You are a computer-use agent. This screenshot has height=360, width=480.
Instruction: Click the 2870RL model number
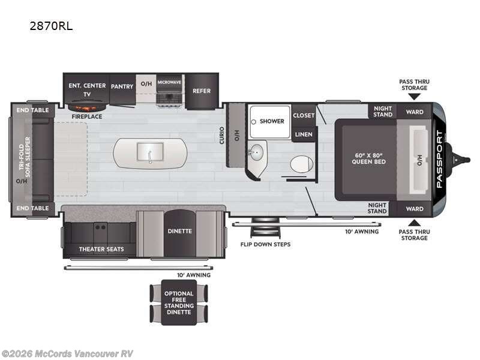(x=51, y=26)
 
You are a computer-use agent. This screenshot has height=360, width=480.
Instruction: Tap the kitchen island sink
(x=150, y=152)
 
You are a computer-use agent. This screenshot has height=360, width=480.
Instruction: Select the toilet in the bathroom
(x=302, y=164)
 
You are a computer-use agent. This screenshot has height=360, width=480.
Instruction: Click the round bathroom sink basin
(x=256, y=152)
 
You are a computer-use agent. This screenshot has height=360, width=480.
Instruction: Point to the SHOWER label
(x=272, y=121)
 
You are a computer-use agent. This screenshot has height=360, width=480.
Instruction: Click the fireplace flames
(x=87, y=107)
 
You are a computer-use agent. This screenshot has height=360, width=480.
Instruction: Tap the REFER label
(x=202, y=91)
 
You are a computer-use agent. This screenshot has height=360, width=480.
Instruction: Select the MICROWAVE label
(x=169, y=82)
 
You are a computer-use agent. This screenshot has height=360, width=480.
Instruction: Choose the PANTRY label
(x=122, y=86)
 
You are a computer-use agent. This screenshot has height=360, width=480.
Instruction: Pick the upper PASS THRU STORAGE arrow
(x=414, y=97)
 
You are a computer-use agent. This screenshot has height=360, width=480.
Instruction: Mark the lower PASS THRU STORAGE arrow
(x=414, y=223)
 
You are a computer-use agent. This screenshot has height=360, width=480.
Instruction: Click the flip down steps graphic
(x=265, y=227)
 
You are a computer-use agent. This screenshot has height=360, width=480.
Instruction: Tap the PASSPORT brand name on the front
(x=439, y=159)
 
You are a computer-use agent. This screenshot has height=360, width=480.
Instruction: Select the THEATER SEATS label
(x=101, y=249)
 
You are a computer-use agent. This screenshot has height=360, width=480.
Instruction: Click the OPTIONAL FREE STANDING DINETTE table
(x=179, y=302)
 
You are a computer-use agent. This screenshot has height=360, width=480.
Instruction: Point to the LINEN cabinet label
(x=304, y=134)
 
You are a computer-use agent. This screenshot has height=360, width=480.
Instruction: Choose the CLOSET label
(x=304, y=115)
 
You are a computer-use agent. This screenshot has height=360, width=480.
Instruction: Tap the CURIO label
(x=221, y=136)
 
